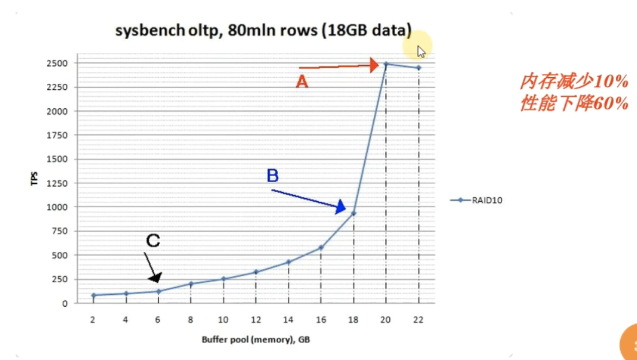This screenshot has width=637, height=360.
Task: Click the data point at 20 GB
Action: tap(386, 64)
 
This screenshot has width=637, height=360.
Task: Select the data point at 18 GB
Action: tap(354, 213)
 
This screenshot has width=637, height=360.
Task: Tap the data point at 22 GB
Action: tap(419, 68)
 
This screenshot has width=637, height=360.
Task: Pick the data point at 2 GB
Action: tap(93, 295)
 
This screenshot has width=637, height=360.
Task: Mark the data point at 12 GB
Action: tap(256, 272)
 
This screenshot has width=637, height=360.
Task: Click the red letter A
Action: tap(302, 82)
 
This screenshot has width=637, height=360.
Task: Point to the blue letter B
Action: tap(273, 176)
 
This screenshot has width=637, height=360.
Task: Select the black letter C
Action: tap(153, 240)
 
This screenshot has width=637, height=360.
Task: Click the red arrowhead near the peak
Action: tap(374, 65)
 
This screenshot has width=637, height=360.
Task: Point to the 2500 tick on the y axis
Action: tap(57, 63)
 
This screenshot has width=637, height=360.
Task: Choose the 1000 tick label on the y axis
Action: tap(57, 207)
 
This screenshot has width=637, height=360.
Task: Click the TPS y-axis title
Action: tap(34, 179)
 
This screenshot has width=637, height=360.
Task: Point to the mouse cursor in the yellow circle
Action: tap(421, 51)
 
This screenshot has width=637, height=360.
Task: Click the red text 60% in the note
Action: tap(611, 103)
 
